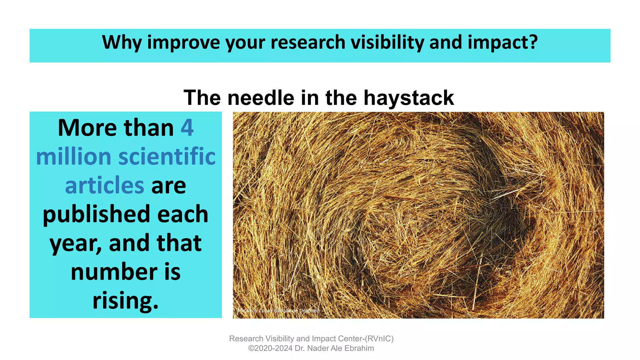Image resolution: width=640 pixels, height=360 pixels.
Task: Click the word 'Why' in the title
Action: click(x=122, y=42)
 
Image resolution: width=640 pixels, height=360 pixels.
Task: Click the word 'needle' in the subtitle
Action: click(x=261, y=98)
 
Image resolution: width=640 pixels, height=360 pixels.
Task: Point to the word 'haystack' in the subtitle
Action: click(x=408, y=98)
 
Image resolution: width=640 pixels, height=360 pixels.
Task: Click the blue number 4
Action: click(x=187, y=128)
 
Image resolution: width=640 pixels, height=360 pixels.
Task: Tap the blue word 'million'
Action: click(x=74, y=157)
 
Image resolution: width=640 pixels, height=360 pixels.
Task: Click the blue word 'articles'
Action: click(x=104, y=185)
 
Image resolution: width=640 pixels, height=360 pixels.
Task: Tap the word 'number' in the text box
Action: click(x=114, y=272)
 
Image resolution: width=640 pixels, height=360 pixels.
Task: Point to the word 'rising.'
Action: click(x=125, y=300)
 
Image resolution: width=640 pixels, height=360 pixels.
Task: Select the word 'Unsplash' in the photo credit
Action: click(x=309, y=311)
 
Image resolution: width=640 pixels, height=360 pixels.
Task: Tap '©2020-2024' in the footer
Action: click(x=270, y=348)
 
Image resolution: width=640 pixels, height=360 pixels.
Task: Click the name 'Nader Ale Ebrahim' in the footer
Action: click(x=340, y=348)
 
